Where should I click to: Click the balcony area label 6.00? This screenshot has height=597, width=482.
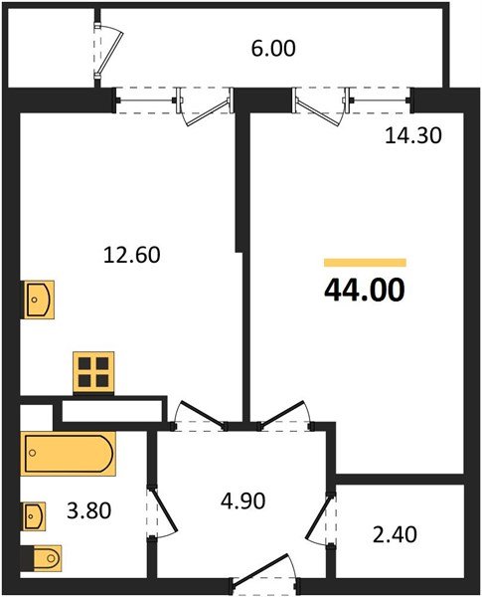275,48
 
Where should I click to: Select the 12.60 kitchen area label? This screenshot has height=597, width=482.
132,256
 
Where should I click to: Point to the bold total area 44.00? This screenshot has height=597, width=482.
365,291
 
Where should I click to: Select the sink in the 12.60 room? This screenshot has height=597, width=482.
38,297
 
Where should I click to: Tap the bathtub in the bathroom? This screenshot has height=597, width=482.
70,455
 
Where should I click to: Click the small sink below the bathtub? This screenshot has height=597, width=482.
35,514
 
